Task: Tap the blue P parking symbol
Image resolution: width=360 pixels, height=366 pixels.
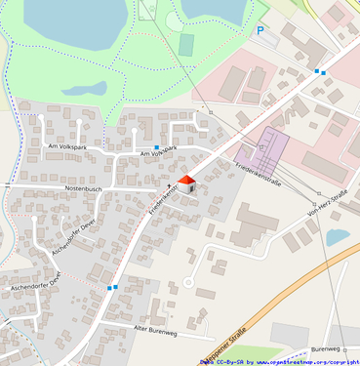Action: (260, 31)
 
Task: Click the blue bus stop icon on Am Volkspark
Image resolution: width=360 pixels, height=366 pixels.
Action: (156, 146)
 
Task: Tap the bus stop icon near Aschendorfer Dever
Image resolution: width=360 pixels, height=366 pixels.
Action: (114, 288)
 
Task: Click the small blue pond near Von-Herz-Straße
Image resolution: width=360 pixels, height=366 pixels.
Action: (338, 236)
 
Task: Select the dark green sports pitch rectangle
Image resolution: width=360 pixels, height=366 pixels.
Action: (186, 45)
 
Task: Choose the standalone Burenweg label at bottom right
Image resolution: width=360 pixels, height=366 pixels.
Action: (325, 348)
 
